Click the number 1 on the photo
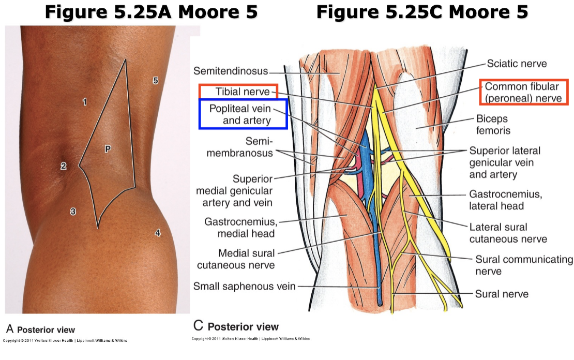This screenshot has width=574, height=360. coord(84,102)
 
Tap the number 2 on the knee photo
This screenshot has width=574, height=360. coord(63,166)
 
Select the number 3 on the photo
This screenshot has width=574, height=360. coord(73,211)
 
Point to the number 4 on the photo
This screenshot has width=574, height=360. coord(158,233)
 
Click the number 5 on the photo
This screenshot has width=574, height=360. coord(155,80)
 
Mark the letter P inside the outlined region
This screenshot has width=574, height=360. coord(108,149)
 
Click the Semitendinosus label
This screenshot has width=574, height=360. coord(231,70)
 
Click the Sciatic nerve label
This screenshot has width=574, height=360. coord(517,64)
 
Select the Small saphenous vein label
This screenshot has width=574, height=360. coord(245,286)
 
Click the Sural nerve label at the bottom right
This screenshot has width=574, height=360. coord(502,294)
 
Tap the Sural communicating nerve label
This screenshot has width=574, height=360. coord(524,265)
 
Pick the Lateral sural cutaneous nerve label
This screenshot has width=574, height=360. coord(508,233)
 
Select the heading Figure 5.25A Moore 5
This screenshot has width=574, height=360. coord(151,12)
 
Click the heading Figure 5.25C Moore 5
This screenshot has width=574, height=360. coord(422,12)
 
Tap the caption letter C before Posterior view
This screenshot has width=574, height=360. coord(198,326)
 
